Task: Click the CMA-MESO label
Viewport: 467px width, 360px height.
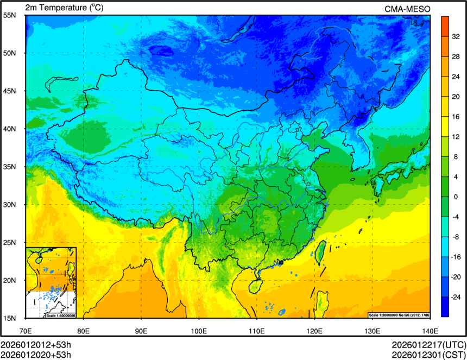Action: click(407, 9)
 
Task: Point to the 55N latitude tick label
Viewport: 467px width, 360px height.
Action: click(10, 15)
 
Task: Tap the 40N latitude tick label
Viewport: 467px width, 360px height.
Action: click(10, 129)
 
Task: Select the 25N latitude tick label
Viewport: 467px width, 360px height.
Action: click(10, 242)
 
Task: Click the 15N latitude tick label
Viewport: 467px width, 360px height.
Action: click(10, 318)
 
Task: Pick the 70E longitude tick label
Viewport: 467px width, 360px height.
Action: click(26, 330)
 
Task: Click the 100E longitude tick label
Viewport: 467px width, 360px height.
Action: click(199, 330)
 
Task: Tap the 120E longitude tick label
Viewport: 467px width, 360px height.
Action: click(314, 330)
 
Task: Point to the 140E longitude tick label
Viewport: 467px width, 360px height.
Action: click(430, 330)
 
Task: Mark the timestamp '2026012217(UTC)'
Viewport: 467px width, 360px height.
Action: click(428, 345)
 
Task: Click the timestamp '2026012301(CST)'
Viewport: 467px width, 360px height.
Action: click(428, 355)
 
